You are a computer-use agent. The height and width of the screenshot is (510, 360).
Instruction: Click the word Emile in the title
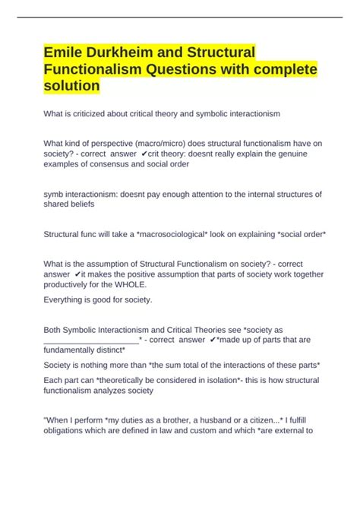pos(64,52)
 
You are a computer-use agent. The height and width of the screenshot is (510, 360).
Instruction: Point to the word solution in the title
pos(71,87)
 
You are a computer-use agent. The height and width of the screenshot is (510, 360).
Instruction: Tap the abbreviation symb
pos(55,194)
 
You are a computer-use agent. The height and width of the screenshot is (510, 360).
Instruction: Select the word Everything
pos(70,299)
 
